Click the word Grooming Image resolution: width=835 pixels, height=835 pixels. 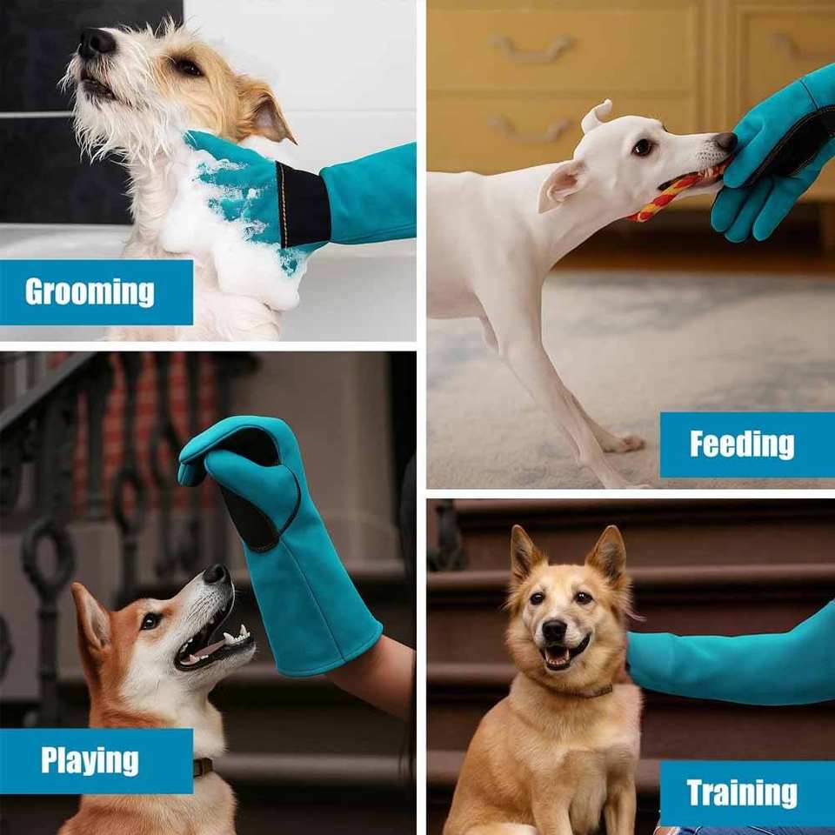click(x=90, y=292)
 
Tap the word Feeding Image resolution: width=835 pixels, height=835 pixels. click(x=742, y=444)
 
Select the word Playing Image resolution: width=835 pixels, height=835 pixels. click(x=90, y=760)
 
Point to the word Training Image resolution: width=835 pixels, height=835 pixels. click(x=742, y=793)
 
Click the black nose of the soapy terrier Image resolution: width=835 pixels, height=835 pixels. click(x=96, y=43)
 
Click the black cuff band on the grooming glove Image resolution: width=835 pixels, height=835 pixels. click(x=302, y=205)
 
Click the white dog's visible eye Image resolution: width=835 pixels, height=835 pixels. click(x=643, y=147)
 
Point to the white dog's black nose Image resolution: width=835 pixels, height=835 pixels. click(x=725, y=142)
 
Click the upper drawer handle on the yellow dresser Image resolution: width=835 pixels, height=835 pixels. click(x=532, y=46)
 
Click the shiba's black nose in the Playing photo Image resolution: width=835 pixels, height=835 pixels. click(x=217, y=574)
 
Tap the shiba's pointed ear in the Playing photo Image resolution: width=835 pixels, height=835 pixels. click(x=91, y=618)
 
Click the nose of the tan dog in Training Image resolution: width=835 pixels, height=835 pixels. click(x=554, y=631)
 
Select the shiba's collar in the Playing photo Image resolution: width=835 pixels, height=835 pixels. click(x=203, y=767)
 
